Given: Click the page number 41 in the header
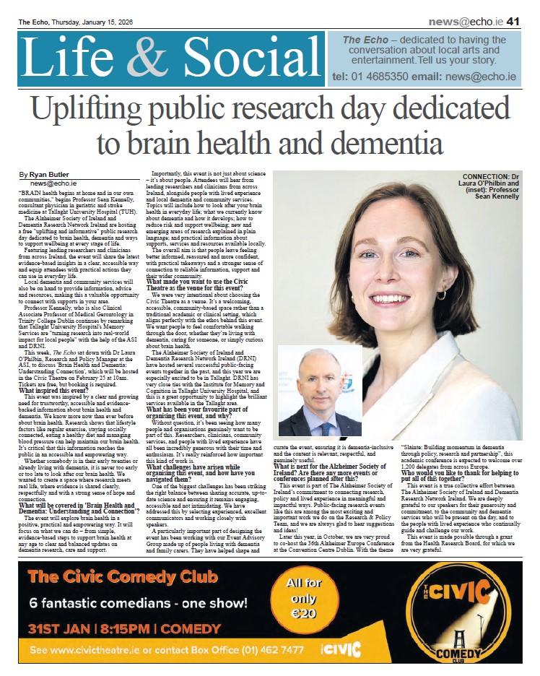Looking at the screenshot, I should click(513, 22).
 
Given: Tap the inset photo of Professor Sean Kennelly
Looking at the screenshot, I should click(320, 390).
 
